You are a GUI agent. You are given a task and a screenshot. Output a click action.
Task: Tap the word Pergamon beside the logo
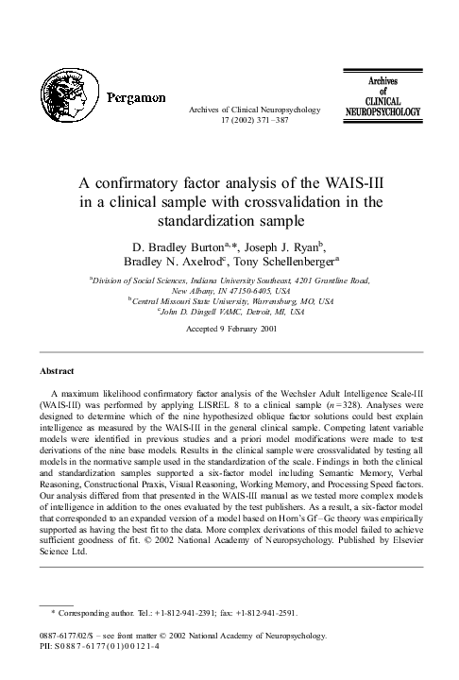136,98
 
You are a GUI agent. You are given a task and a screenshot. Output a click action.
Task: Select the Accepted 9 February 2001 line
229,330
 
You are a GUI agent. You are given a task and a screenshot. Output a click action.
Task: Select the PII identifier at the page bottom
104,645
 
